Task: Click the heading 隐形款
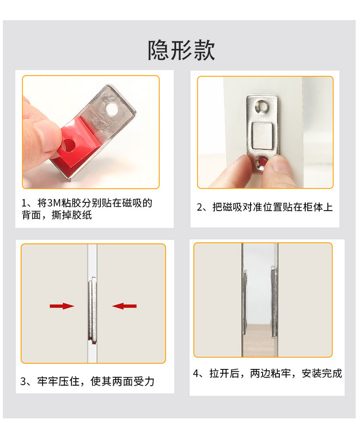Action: point(181,50)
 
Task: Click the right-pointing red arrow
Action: point(62,306)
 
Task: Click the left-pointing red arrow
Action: point(124,306)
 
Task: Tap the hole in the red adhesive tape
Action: point(68,145)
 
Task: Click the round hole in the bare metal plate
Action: point(112,109)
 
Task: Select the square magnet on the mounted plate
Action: point(262,136)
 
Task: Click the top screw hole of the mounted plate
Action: point(262,106)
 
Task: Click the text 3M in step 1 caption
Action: point(54,203)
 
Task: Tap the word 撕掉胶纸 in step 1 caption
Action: point(72,215)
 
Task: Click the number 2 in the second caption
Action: point(200,207)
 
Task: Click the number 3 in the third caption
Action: point(24,381)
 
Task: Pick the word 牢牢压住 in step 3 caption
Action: point(58,381)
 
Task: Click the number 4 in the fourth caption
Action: point(196,373)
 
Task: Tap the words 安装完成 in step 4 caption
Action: point(322,373)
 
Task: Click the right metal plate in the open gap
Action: point(274,302)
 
